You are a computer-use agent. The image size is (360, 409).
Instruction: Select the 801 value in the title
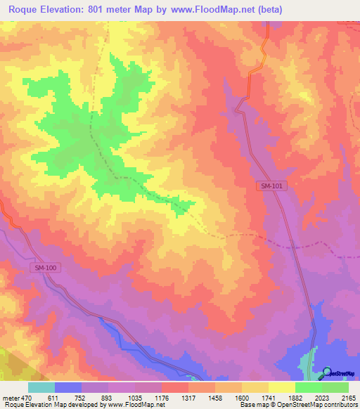coord(115,10)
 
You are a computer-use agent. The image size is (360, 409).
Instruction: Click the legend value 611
coord(55,398)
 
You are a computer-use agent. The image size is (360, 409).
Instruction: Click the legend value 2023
coord(323,398)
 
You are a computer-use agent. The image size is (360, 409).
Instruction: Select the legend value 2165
coord(349,398)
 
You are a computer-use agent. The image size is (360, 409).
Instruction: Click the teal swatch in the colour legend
coord(41,387)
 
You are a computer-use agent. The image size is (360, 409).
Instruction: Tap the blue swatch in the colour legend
coord(68,387)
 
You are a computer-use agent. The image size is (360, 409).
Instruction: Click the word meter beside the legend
coord(11,398)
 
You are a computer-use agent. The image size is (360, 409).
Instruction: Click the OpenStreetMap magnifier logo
coord(326,373)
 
